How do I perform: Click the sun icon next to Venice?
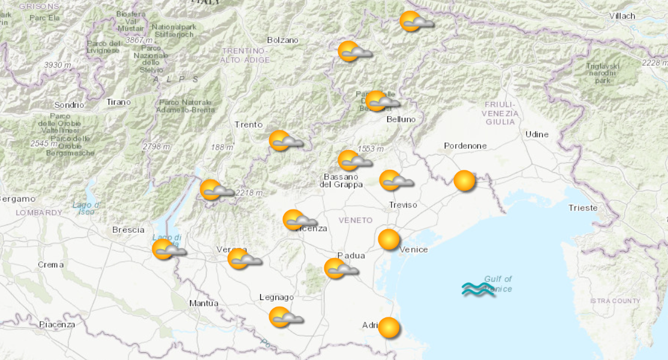(x=389, y=240)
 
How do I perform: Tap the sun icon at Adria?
(x=389, y=328)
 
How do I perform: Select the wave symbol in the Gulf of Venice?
(x=478, y=290)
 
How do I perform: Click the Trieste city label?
(x=583, y=208)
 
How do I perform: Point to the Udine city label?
(x=537, y=134)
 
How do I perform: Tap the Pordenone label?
(x=465, y=146)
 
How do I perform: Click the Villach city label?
(x=622, y=16)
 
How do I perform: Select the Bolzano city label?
(x=282, y=40)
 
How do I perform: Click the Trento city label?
(x=248, y=124)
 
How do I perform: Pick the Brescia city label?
(x=128, y=230)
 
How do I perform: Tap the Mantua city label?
(x=203, y=303)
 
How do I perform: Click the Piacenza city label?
(x=57, y=325)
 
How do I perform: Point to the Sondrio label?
(x=69, y=104)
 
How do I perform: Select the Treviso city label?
(x=403, y=205)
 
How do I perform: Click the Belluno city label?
(x=401, y=119)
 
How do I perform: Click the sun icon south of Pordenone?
(x=464, y=181)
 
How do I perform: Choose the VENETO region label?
(x=355, y=220)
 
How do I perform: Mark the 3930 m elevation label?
(x=58, y=65)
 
